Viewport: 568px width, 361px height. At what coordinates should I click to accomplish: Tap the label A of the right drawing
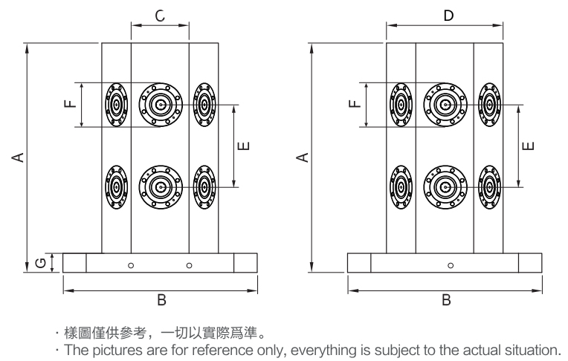point(302,157)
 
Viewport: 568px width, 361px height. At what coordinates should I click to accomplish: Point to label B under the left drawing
point(161,300)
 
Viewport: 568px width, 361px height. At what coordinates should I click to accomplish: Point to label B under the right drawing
point(446,300)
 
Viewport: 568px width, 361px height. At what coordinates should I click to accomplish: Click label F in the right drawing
point(353,104)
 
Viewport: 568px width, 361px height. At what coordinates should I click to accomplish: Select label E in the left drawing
point(245,146)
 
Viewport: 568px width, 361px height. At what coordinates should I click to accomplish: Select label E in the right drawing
point(528,145)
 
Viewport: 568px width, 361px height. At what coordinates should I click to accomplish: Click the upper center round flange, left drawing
point(161,105)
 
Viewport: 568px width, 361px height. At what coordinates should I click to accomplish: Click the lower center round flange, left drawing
point(161,186)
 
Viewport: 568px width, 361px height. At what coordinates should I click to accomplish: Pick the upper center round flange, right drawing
point(445,105)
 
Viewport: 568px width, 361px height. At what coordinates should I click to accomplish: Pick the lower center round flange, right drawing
point(445,186)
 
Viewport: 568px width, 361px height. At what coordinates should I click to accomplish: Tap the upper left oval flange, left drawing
point(117,105)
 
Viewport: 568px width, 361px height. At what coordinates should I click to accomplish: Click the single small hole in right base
point(451,264)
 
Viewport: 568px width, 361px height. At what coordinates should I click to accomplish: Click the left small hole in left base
point(131,264)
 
